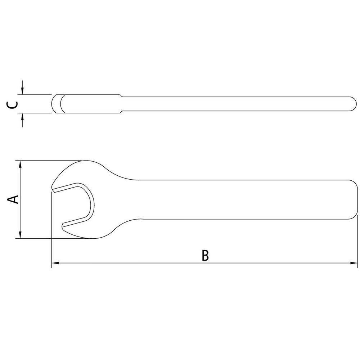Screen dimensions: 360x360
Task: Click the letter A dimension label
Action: point(14,199)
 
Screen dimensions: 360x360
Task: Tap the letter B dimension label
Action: point(205,255)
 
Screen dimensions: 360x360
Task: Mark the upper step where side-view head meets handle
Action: point(121,96)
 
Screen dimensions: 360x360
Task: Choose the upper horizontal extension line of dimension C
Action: point(36,95)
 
